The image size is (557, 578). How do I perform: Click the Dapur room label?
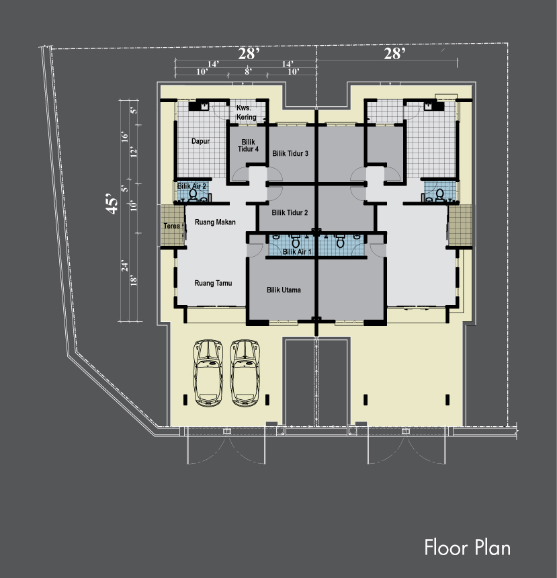pyautogui.click(x=200, y=141)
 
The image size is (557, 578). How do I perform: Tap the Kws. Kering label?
pyautogui.click(x=246, y=112)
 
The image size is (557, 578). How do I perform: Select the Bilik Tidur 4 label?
pyautogui.click(x=248, y=146)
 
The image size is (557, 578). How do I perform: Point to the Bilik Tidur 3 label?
pyautogui.click(x=290, y=153)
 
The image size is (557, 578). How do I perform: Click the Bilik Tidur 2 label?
pyautogui.click(x=290, y=212)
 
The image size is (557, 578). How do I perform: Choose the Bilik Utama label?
pyautogui.click(x=284, y=290)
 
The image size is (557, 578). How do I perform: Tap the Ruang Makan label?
pyautogui.click(x=215, y=222)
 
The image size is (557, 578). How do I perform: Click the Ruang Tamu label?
pyautogui.click(x=213, y=283)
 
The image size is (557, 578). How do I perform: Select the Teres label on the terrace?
pyautogui.click(x=172, y=226)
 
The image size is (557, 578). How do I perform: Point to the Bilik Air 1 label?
pyautogui.click(x=297, y=252)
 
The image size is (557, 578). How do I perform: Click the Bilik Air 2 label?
pyautogui.click(x=191, y=185)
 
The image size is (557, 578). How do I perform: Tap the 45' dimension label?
pyautogui.click(x=112, y=204)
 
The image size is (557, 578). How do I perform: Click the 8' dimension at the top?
pyautogui.click(x=248, y=71)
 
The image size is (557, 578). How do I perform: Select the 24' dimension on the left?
pyautogui.click(x=125, y=265)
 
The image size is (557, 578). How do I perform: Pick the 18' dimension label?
pyautogui.click(x=134, y=280)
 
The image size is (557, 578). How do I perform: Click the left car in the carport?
pyautogui.click(x=208, y=373)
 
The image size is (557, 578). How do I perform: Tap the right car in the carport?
pyautogui.click(x=245, y=373)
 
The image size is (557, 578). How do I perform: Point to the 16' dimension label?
pyautogui.click(x=125, y=136)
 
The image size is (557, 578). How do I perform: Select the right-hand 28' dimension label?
pyautogui.click(x=394, y=54)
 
